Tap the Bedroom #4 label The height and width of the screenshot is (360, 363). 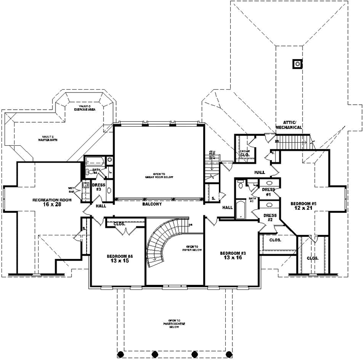coord(119,259)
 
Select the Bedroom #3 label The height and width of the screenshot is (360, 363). coord(232,256)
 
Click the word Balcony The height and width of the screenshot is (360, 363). coord(151,204)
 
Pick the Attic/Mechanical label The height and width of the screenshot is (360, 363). coord(289,126)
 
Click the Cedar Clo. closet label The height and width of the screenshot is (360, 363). coord(244,153)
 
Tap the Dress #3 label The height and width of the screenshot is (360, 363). coord(98,187)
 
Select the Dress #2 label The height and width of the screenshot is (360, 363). coord(270,217)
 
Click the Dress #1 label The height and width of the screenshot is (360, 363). coord(269,192)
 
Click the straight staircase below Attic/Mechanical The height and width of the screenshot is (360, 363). coord(294,142)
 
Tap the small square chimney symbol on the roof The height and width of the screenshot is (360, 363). coord(297,64)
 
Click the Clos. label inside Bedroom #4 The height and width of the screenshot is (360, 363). coord(120,224)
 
